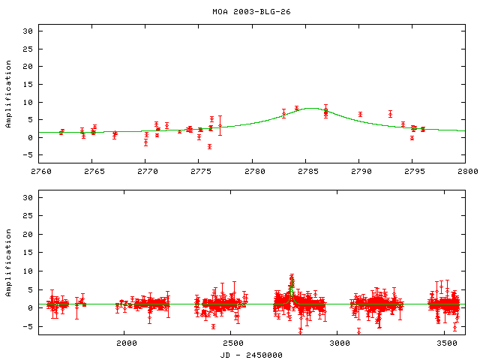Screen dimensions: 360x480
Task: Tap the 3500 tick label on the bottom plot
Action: coord(446,343)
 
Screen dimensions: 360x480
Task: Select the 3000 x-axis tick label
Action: coord(339,343)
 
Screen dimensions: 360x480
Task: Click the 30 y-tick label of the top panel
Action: coord(28,31)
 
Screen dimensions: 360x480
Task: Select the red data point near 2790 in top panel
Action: coord(360,114)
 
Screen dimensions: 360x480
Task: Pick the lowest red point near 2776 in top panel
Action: coord(209,146)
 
